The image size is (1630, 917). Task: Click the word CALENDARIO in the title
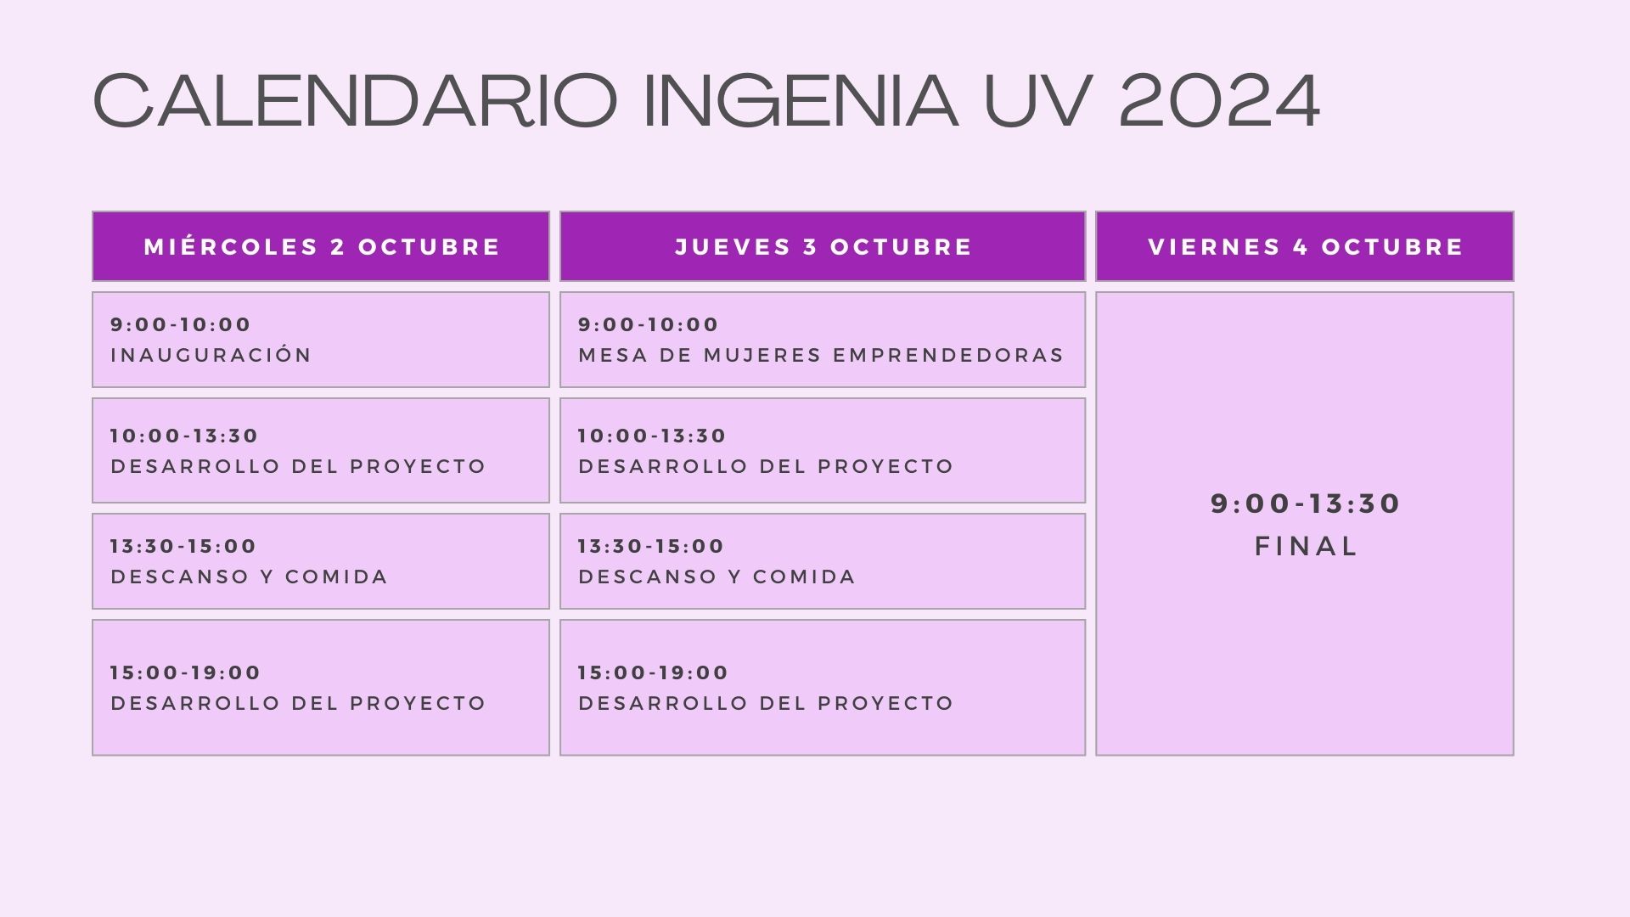coord(354,100)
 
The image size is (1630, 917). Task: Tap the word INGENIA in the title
coord(800,100)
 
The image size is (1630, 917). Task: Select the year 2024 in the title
coord(1219,100)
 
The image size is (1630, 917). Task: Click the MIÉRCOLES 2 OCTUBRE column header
coord(322,246)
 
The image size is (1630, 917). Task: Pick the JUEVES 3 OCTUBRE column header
coord(823,246)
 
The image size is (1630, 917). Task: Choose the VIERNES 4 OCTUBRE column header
coord(1306,246)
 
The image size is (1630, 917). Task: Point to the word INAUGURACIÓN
coord(211,354)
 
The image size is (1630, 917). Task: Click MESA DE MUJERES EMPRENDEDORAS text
coord(821,355)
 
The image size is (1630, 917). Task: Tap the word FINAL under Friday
coord(1307,546)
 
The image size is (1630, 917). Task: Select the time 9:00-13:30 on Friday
coord(1306,504)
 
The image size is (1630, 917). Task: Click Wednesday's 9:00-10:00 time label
coord(181,324)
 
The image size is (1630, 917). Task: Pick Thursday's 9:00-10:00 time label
coord(649,324)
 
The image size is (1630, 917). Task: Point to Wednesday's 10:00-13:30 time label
coord(184,436)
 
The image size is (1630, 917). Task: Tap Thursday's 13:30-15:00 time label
coord(651,546)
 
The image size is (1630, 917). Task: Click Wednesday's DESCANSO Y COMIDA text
coord(249,577)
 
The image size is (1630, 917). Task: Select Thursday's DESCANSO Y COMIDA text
coord(717,577)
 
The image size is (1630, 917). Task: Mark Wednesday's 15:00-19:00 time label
coord(185,672)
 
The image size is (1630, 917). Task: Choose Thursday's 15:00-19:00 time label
coord(653,672)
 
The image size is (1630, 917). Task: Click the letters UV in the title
coord(1037,100)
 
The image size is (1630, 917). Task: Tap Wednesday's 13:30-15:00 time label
coord(183,546)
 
